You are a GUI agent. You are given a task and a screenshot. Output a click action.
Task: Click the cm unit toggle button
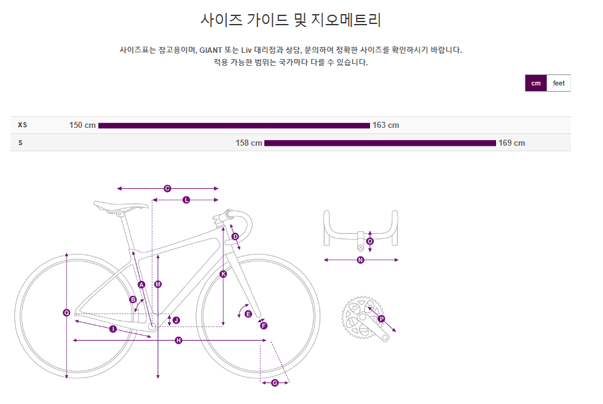coord(536,83)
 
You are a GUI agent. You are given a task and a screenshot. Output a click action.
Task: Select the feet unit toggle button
coord(559,83)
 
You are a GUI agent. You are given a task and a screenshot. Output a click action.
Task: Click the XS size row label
coord(23,125)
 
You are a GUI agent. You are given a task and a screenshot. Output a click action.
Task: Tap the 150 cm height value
coord(82,125)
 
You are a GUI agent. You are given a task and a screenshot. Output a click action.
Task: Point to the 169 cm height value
coord(511,143)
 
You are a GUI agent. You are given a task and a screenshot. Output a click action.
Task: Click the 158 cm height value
coord(249,143)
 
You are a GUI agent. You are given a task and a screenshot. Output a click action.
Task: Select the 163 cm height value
coord(385,125)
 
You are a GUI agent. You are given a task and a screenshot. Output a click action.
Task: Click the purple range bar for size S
coord(380,143)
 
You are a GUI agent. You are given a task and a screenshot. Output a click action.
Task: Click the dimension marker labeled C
coord(167,189)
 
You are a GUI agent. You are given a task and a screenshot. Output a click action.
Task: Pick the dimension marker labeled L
coord(186,200)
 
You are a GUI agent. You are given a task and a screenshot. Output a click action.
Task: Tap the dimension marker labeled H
coord(178,341)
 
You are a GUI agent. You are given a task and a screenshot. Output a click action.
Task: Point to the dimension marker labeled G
coord(275,383)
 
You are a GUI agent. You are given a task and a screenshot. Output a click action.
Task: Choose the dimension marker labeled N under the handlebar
coord(361,260)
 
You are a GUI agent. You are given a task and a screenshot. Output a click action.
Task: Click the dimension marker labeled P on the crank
coord(381,319)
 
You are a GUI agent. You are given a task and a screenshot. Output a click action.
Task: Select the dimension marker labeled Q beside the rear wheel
coord(66,313)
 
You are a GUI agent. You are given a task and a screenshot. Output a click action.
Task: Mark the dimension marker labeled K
coord(223,274)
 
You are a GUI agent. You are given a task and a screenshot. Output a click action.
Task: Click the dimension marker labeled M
coord(158,284)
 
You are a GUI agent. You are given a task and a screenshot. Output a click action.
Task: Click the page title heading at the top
coord(291,20)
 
